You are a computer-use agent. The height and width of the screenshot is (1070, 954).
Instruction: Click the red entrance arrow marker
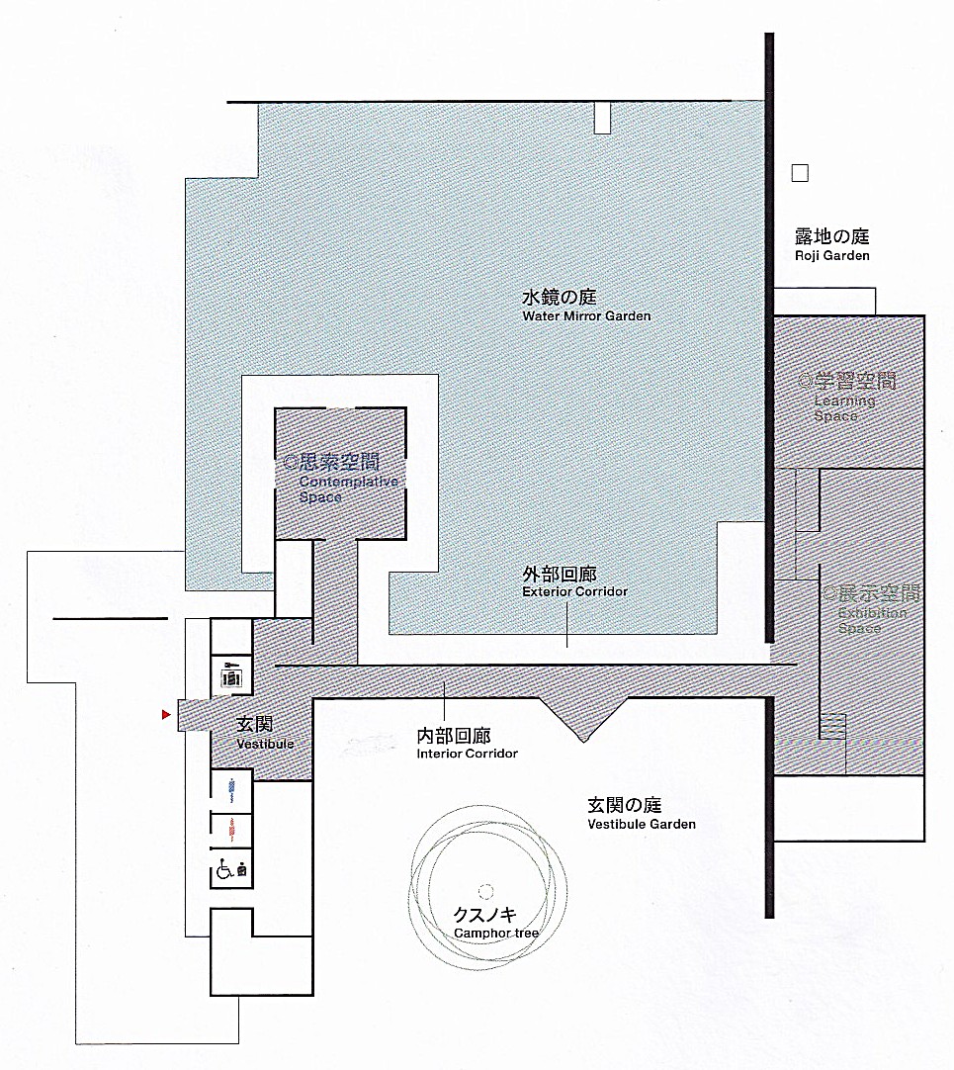tap(166, 714)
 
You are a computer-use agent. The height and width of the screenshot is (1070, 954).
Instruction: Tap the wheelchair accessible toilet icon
tap(231, 870)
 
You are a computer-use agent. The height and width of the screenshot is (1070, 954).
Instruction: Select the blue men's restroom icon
tap(232, 789)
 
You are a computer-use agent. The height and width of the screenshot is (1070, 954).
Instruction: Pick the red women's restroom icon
tap(232, 829)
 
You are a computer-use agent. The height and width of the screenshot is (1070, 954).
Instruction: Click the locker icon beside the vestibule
tap(231, 674)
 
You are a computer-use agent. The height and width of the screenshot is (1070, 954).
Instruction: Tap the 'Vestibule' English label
tap(266, 744)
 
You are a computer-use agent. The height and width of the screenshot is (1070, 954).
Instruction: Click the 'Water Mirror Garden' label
tap(587, 315)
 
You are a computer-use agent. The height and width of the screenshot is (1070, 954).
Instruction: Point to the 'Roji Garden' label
tap(832, 256)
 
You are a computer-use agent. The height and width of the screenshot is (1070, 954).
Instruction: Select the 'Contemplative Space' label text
tap(349, 490)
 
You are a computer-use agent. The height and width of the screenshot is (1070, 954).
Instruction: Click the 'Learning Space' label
tap(845, 408)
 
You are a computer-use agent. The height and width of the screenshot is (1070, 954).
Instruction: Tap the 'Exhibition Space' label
tap(873, 620)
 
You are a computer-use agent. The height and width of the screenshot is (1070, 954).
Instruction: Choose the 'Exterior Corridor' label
tap(574, 591)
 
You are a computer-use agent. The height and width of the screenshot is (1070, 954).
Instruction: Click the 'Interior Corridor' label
tap(468, 754)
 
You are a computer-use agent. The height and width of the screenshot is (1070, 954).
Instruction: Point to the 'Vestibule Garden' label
tap(642, 825)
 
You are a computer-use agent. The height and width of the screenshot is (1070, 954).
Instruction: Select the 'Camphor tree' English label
tap(496, 933)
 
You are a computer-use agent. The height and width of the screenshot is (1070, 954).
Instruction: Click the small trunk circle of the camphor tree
tap(485, 892)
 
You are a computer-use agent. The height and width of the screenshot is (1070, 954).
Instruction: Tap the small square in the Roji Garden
tap(800, 173)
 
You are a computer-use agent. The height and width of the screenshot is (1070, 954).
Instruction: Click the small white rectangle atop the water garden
tap(602, 118)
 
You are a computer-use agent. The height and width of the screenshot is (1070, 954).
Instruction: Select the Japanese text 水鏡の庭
tap(560, 298)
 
